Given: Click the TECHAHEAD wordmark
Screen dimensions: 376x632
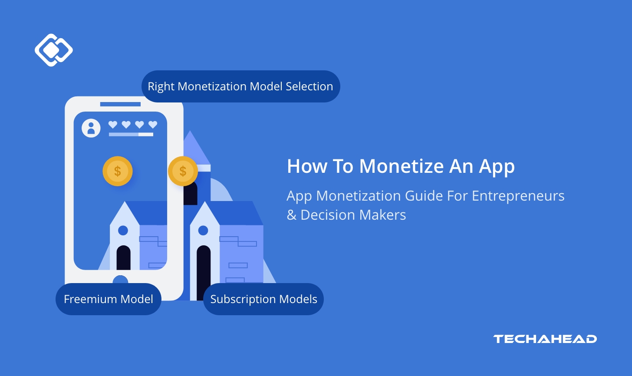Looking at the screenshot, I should coord(545,339).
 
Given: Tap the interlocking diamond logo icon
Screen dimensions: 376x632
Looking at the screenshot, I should coord(53,50).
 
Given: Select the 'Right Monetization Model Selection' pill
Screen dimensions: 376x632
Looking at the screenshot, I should coord(240,86).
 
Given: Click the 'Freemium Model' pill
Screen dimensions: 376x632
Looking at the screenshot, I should coord(109,299).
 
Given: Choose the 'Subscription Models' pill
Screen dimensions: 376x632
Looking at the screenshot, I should coord(263,299).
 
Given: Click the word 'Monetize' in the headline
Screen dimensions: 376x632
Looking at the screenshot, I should coord(402,166).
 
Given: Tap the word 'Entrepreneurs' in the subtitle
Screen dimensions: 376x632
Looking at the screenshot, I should coord(518,196).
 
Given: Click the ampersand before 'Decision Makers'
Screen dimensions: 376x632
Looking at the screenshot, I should coord(291,215).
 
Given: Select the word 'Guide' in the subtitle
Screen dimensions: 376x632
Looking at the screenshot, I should coord(424,196).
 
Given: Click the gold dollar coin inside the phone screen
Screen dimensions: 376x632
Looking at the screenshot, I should coord(118,171).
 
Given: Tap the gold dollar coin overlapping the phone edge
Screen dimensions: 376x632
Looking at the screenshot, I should coord(183,171).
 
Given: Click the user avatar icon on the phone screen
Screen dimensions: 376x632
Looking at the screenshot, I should coord(91,128).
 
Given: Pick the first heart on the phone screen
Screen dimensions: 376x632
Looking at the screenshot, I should coord(113,125).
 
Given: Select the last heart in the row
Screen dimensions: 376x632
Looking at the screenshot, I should coord(153,125).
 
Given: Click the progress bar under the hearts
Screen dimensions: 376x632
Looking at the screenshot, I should coord(131,135).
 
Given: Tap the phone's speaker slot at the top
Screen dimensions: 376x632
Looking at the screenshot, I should coord(120,104).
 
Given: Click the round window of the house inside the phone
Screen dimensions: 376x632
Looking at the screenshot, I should coord(123,230).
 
